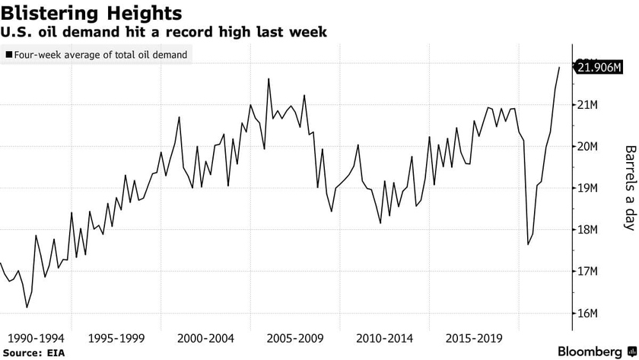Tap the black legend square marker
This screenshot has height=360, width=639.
pos(8,55)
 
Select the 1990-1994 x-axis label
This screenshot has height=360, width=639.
pos(35,337)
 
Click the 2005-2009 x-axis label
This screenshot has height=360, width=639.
pos(294,337)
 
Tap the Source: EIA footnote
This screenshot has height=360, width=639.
pos(32,352)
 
